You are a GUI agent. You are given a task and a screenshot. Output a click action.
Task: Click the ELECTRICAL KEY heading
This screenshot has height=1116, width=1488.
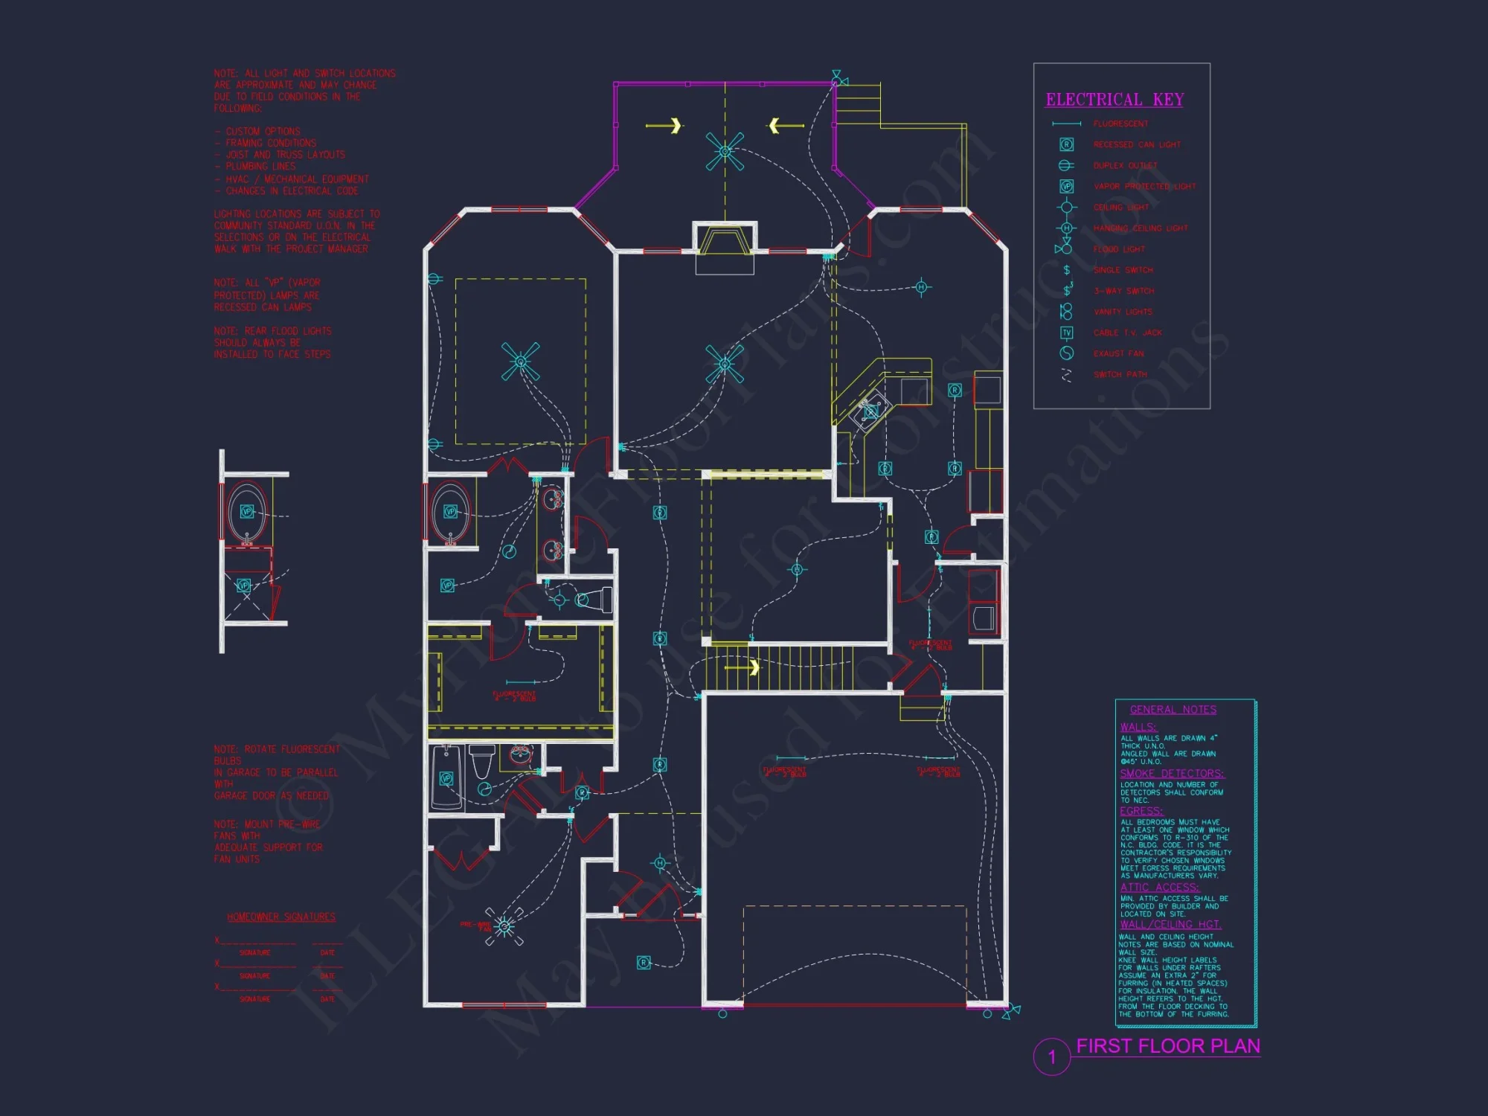(1115, 100)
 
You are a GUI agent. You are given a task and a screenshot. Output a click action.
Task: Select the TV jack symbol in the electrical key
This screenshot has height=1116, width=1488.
(1066, 333)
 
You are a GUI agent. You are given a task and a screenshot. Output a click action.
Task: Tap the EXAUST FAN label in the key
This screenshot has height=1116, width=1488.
(1118, 353)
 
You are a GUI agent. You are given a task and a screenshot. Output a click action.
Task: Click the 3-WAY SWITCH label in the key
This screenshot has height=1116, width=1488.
(1123, 291)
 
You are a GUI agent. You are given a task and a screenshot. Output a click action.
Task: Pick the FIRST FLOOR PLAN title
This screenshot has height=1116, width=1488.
(1168, 1046)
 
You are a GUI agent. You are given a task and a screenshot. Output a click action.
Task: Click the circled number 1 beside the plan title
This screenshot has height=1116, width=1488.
(1051, 1056)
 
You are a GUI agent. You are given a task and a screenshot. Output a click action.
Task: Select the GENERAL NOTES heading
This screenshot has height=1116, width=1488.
(1173, 710)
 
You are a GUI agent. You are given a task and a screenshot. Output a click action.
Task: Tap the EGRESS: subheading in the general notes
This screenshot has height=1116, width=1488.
(1141, 811)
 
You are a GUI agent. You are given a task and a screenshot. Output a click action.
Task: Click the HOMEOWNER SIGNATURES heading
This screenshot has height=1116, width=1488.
(281, 917)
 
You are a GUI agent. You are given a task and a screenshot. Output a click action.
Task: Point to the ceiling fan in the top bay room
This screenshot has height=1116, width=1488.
(725, 151)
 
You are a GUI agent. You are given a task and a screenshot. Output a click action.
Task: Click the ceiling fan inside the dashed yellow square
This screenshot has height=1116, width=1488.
(520, 362)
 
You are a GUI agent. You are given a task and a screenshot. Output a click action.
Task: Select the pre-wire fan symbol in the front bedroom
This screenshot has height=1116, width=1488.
(504, 926)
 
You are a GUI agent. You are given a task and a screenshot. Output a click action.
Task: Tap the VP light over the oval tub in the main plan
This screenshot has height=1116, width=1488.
(450, 511)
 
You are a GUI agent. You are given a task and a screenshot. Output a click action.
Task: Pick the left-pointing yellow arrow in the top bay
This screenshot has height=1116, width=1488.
(784, 125)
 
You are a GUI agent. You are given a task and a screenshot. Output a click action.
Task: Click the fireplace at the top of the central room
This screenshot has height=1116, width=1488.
(725, 242)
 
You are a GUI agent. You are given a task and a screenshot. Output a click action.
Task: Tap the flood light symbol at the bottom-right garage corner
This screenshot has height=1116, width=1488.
(1011, 1011)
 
